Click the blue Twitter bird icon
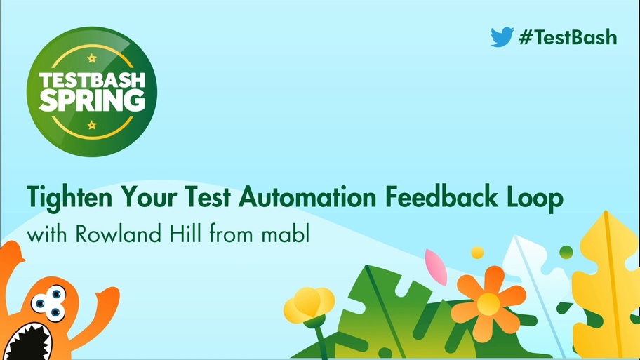502,36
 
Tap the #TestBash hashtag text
568,37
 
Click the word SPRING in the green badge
92,100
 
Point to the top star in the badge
92,58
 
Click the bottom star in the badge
92,125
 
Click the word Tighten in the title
69,198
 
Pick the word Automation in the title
307,197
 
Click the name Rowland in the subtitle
118,234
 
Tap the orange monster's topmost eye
56,293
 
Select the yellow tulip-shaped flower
309,305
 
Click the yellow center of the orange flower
488,304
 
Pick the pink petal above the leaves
436,267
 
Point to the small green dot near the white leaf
566,252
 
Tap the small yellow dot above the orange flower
477,253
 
